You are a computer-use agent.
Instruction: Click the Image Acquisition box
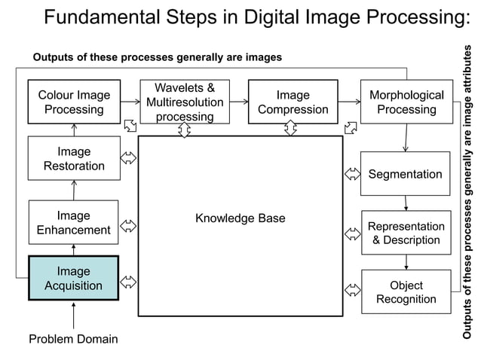point(73,278)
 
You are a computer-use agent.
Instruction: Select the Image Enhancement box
point(73,222)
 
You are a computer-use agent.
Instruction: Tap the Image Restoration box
point(73,158)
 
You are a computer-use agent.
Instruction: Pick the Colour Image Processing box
point(74,102)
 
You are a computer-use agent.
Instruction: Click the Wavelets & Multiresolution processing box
point(185,102)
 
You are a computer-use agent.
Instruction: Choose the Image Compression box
point(293,102)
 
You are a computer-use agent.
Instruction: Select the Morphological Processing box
point(406,102)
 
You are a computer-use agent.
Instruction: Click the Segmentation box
point(405,174)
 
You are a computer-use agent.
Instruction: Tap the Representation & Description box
point(406,233)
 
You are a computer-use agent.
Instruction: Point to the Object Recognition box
point(406,291)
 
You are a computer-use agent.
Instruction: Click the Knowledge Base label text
point(240,218)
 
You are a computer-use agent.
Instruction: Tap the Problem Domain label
point(73,339)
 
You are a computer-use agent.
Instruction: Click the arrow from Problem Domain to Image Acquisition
point(74,314)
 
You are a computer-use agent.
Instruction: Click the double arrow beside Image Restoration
point(128,158)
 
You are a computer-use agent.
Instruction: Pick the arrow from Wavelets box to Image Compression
point(239,101)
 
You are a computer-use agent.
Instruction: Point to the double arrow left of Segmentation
point(351,174)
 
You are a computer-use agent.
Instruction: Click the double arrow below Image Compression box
point(291,129)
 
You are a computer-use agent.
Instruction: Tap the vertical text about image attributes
point(467,192)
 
